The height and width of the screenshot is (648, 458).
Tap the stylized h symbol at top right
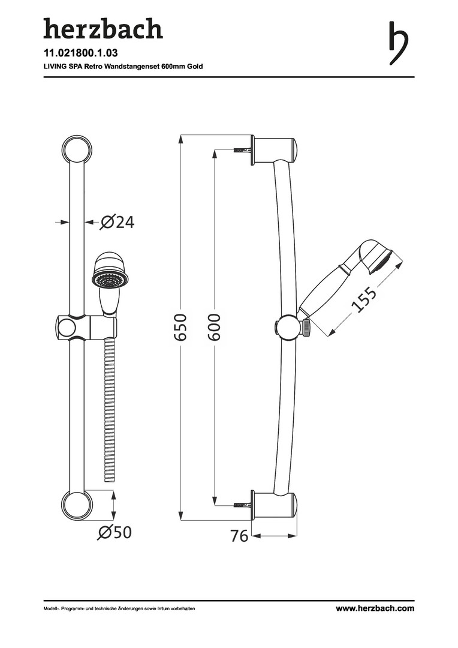pyautogui.click(x=399, y=43)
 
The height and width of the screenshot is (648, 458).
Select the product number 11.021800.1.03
pyautogui.click(x=81, y=53)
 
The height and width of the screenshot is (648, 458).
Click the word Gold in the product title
pyautogui.click(x=195, y=66)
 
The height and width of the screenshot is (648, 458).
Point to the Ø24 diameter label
pyautogui.click(x=117, y=223)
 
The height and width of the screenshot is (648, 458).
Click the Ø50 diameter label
pyautogui.click(x=115, y=532)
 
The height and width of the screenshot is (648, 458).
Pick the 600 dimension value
pyautogui.click(x=214, y=327)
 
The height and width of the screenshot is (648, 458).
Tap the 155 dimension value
pyautogui.click(x=363, y=299)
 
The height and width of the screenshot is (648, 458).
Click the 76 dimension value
pyautogui.click(x=239, y=536)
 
